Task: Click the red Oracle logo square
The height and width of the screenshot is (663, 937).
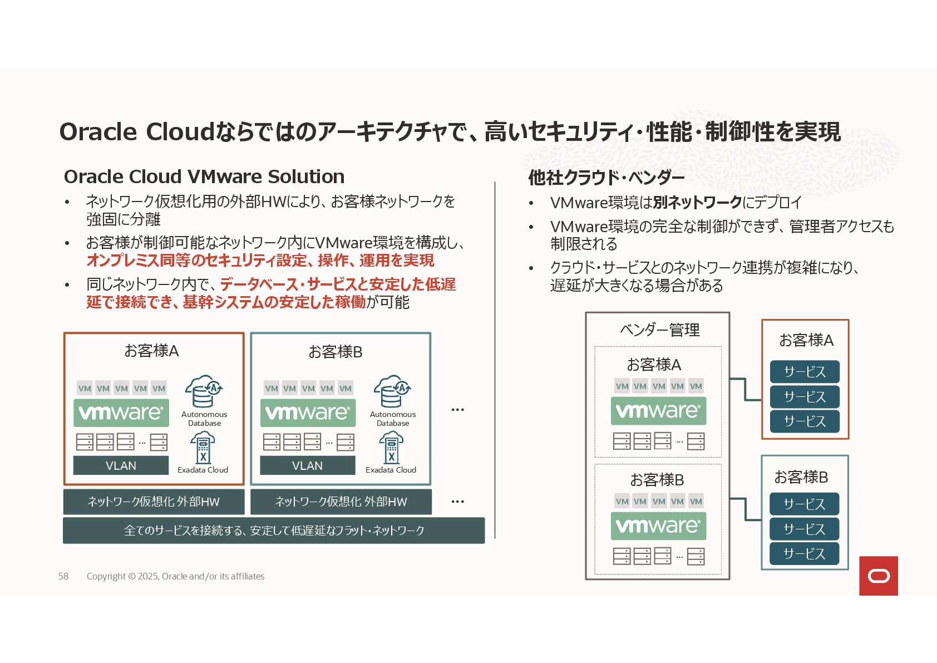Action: coord(878,576)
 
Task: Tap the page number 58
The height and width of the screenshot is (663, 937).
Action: coord(63,576)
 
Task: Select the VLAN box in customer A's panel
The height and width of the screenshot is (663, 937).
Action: coord(121,465)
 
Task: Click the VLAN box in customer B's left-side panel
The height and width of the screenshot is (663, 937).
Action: coord(307,465)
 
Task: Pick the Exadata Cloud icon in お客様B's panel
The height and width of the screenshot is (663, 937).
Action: coord(391,448)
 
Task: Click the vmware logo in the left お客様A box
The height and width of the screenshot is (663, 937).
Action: coord(121,412)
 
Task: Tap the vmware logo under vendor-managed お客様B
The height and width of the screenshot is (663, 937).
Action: coord(658,526)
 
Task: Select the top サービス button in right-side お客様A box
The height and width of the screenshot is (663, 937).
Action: coord(805,371)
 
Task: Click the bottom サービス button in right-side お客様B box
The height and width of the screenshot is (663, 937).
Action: coord(804,553)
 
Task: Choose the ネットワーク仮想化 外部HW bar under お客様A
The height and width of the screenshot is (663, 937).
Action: coord(154,502)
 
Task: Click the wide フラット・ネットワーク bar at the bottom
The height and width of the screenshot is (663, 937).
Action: coord(274,531)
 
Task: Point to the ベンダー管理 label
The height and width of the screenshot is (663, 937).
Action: coord(660,330)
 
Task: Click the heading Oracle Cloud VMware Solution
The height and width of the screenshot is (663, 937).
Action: coord(204,176)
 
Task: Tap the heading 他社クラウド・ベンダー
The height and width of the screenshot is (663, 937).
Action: coord(606,178)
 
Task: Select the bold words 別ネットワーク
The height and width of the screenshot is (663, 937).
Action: coord(697,202)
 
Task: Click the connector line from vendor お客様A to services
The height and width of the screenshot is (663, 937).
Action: coord(746,390)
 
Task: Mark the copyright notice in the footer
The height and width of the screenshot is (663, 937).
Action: coord(175,576)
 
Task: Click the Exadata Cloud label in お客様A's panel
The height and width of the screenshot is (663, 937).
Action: coord(203,470)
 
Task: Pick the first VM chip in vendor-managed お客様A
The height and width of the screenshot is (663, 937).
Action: coord(622,386)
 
